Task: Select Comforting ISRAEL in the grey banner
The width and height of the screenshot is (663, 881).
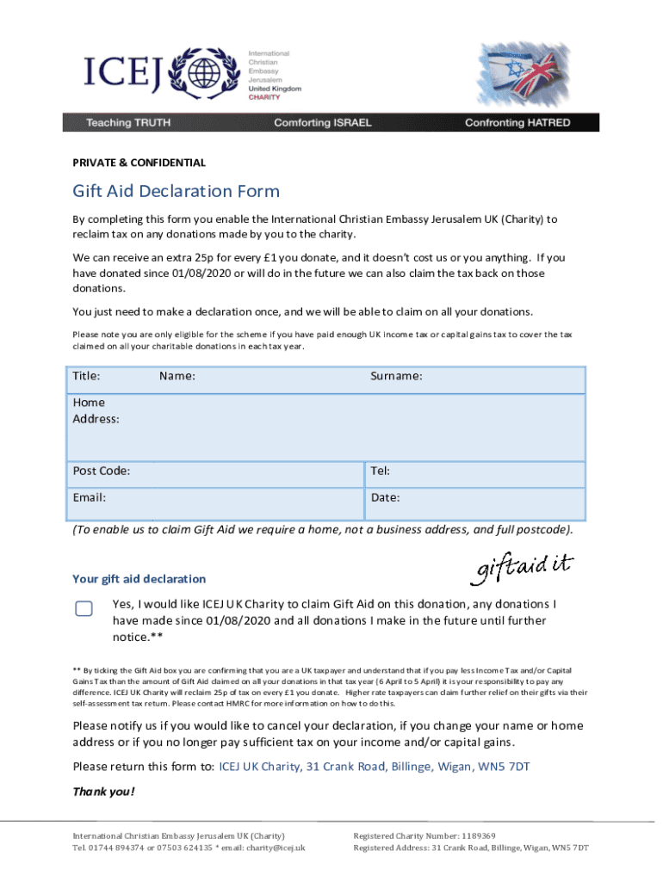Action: click(323, 123)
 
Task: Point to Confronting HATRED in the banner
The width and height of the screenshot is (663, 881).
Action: click(517, 123)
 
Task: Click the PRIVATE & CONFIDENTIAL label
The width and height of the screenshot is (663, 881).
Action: click(139, 163)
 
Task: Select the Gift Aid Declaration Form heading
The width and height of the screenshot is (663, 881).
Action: click(176, 191)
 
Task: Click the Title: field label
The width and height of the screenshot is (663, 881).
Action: click(87, 376)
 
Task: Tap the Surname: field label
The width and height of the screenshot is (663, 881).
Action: click(396, 376)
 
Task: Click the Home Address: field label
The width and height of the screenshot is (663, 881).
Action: click(96, 410)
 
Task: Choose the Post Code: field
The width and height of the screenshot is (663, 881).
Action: click(215, 471)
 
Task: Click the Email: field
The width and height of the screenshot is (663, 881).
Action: click(215, 497)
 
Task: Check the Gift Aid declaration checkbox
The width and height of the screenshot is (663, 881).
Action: click(84, 609)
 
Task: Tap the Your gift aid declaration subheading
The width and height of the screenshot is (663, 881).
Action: click(139, 579)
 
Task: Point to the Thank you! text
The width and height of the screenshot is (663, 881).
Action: click(103, 792)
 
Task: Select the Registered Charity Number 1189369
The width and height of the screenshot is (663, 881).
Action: click(424, 835)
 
